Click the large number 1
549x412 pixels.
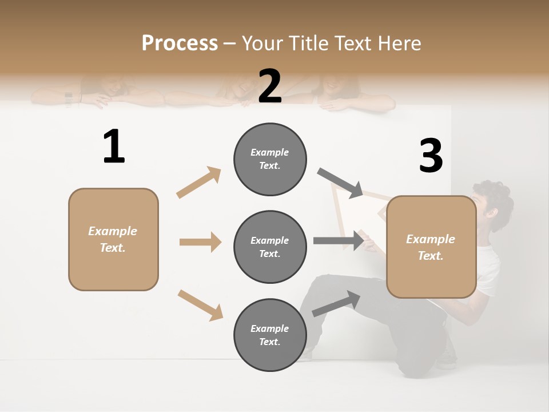point(114,147)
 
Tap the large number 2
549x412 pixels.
point(270,86)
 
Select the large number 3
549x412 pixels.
point(431,156)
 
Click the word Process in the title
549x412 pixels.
point(180,43)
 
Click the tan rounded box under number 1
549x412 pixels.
point(113,239)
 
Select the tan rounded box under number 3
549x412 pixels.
point(431,247)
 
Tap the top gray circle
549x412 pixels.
point(270,159)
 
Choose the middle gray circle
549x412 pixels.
point(270,247)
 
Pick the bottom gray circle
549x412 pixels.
point(270,335)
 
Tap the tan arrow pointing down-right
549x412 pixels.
point(200,304)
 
